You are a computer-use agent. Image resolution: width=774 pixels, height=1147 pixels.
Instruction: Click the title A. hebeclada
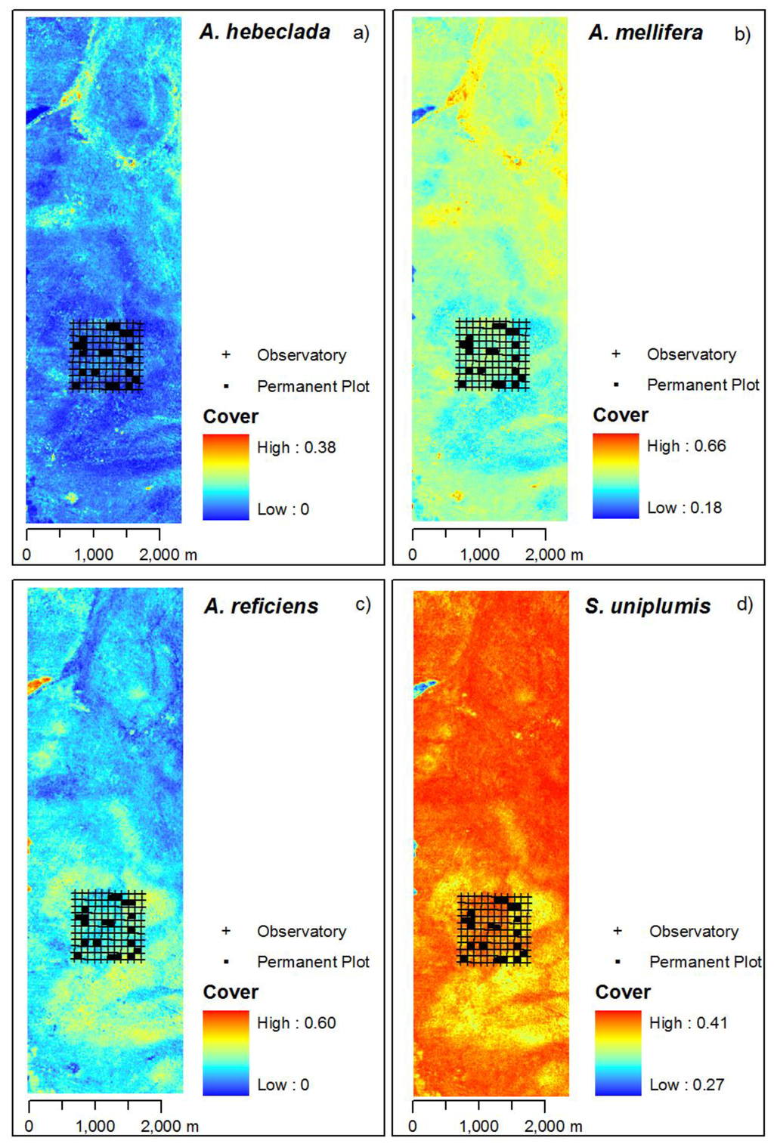[x=265, y=32]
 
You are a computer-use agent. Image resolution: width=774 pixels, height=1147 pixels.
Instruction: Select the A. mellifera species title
[x=646, y=32]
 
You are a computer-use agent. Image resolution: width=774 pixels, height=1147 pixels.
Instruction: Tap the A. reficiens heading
[x=262, y=606]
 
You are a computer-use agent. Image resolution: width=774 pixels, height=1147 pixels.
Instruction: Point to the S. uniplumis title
[x=648, y=606]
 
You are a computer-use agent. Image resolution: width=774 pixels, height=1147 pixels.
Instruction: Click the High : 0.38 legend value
[x=296, y=447]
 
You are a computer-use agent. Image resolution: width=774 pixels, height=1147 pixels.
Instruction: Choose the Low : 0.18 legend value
[x=684, y=508]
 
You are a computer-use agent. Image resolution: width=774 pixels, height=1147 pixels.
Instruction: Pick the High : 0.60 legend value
[x=296, y=1023]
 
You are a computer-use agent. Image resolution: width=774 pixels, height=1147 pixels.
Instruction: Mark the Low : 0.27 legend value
[x=686, y=1085]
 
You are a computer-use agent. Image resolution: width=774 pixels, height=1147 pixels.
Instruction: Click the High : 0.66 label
[x=686, y=446]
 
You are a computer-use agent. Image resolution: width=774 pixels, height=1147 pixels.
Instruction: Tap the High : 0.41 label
[x=688, y=1023]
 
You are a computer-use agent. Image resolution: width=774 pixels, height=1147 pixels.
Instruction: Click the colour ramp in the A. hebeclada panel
[x=225, y=477]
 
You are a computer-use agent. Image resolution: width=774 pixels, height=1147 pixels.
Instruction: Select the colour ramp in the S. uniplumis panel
[x=618, y=1053]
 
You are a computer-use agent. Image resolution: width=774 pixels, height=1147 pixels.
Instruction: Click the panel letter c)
[x=363, y=604]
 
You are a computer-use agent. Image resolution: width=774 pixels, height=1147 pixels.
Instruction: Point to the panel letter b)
[x=742, y=34]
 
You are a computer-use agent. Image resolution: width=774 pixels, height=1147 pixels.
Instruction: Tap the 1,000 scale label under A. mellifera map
[x=479, y=555]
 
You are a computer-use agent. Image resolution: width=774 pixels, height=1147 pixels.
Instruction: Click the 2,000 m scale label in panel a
[x=168, y=555]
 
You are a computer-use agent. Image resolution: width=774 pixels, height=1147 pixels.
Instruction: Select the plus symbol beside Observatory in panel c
[x=225, y=931]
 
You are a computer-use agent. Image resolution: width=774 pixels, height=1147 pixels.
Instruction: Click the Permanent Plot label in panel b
[x=703, y=385]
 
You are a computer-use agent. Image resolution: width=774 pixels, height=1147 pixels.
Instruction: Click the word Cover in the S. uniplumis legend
[x=623, y=992]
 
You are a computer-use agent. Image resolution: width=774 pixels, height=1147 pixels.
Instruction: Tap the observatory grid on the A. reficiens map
[x=107, y=926]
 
